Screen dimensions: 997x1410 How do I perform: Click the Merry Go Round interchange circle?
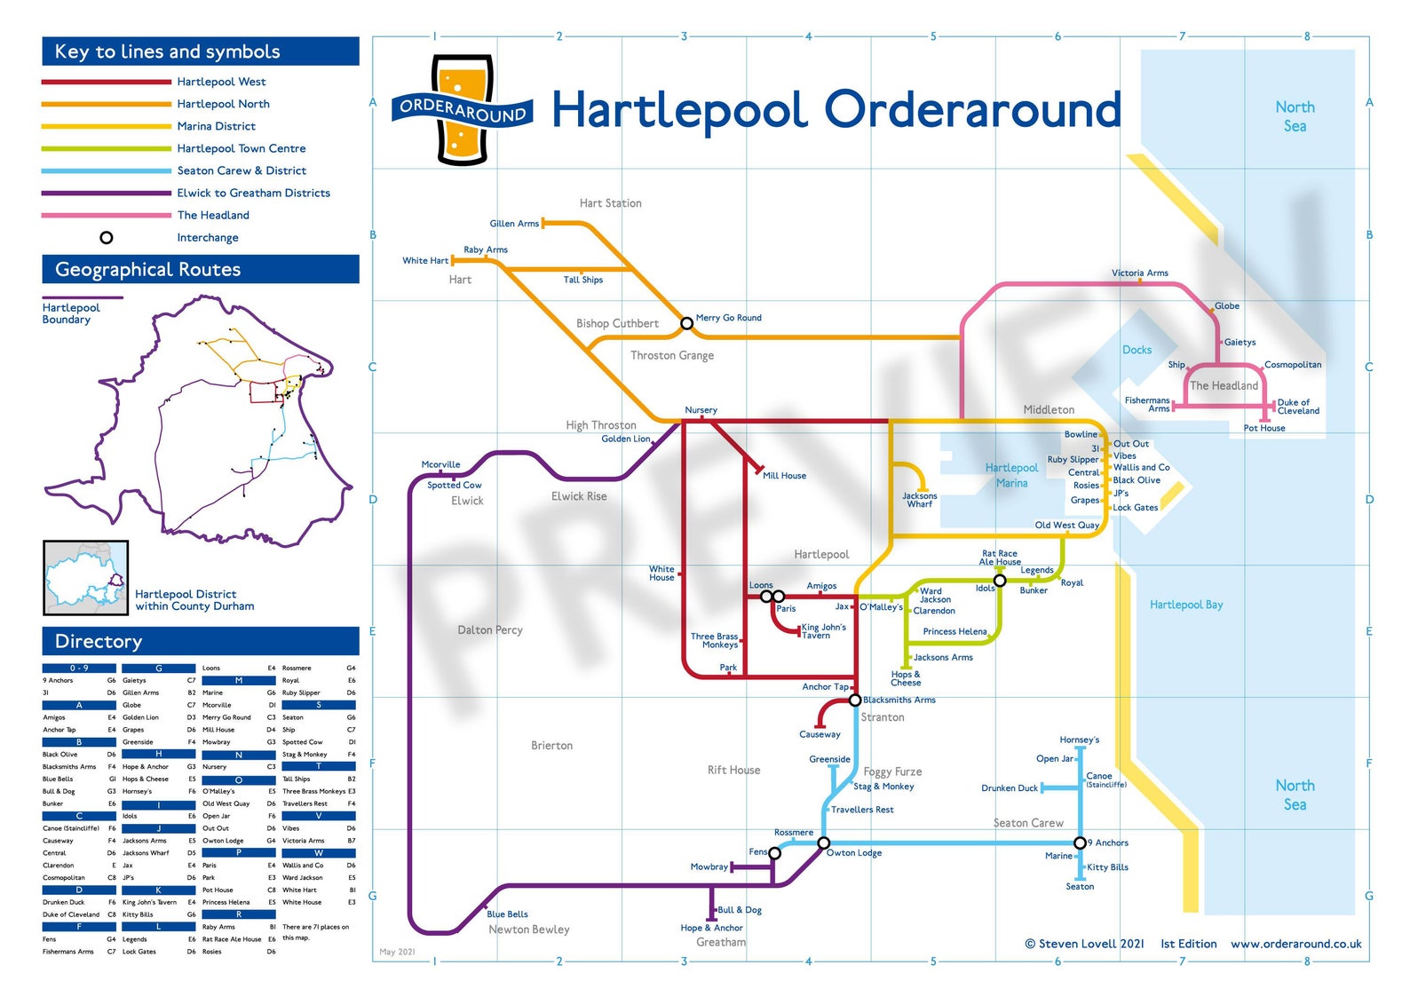(686, 323)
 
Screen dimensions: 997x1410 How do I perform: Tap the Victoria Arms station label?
(1139, 273)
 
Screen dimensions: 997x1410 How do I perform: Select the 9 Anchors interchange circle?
(1080, 843)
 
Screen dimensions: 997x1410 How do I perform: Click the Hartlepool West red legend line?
(106, 82)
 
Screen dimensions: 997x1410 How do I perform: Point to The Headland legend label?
(213, 215)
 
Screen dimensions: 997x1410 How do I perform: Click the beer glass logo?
(462, 110)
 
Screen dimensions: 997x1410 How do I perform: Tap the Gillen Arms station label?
(514, 224)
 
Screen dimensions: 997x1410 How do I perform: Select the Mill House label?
(784, 476)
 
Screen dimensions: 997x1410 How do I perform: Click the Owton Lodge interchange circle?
(823, 843)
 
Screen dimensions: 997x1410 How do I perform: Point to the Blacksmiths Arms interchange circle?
(855, 700)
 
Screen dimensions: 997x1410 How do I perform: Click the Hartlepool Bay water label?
(1186, 605)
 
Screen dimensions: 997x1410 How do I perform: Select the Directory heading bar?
(201, 641)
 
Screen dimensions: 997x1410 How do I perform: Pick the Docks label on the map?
(1137, 350)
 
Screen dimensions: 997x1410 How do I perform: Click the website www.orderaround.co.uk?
(1295, 944)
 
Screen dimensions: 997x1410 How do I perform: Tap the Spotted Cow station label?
(454, 486)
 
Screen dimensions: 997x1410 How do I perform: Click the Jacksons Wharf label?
(919, 500)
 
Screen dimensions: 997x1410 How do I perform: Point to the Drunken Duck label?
(1009, 788)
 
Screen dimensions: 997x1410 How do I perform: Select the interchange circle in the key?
(106, 238)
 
